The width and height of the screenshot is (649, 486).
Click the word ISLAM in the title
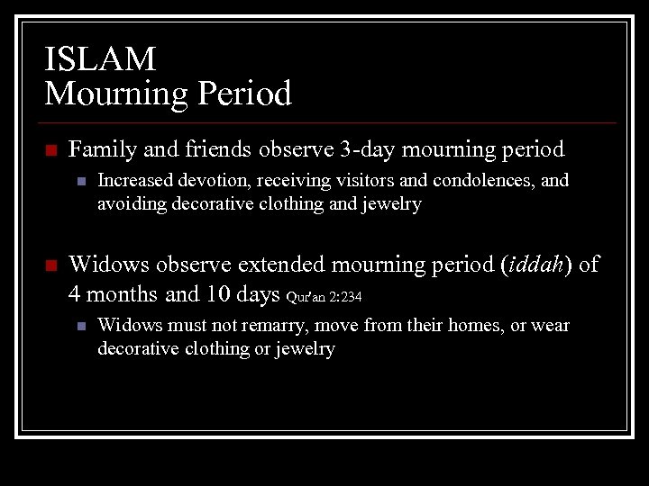(100, 59)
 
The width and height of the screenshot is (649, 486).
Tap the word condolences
(481, 181)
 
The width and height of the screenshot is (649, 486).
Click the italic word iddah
(538, 265)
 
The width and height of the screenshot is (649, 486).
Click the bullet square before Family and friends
(50, 149)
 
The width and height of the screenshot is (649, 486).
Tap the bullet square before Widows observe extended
(50, 265)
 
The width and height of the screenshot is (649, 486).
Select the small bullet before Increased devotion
(80, 182)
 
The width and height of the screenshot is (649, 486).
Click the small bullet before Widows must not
(80, 326)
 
